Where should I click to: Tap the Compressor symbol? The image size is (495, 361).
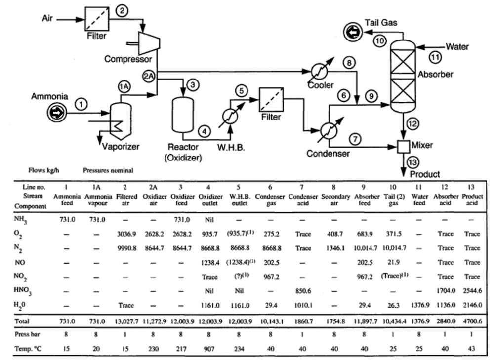(147, 43)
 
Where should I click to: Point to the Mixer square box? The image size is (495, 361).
(404, 146)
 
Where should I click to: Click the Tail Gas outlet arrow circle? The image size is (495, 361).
(353, 33)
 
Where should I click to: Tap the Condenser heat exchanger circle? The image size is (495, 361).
(328, 131)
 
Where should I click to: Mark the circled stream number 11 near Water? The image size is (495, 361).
(435, 57)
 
